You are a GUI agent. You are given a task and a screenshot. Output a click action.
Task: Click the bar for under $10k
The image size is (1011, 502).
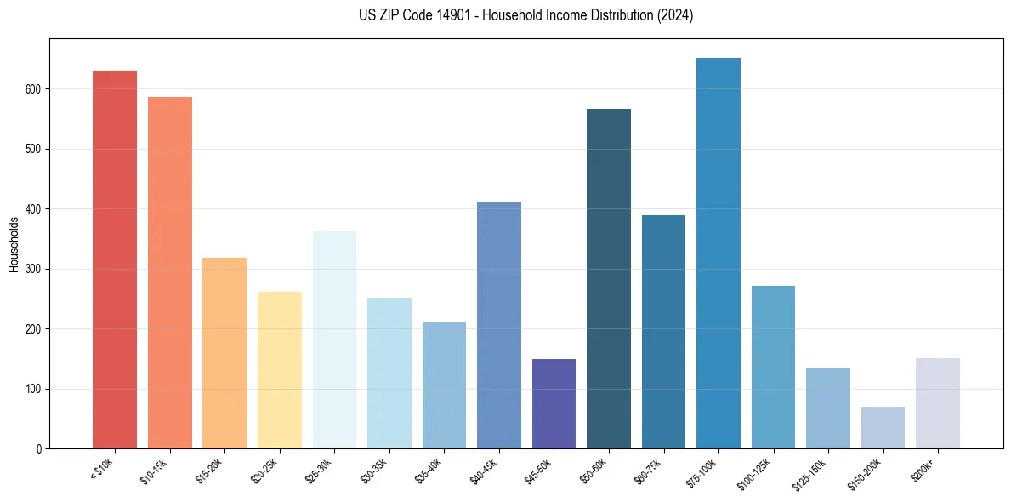coord(115,260)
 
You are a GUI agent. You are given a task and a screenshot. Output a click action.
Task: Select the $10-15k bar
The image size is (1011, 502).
coord(169,272)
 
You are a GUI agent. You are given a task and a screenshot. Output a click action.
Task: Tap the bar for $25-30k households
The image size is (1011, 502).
coord(334,339)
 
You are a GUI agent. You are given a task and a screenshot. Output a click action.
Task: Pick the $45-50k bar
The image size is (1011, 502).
coord(554,403)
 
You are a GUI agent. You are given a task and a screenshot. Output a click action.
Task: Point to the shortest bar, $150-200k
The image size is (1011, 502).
coord(883,427)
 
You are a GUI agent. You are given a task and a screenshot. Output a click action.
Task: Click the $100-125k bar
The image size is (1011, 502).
coord(773,367)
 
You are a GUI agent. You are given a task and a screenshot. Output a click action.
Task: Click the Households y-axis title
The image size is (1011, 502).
coord(14,244)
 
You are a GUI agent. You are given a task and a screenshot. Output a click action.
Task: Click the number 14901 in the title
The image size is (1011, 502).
coord(423,15)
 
